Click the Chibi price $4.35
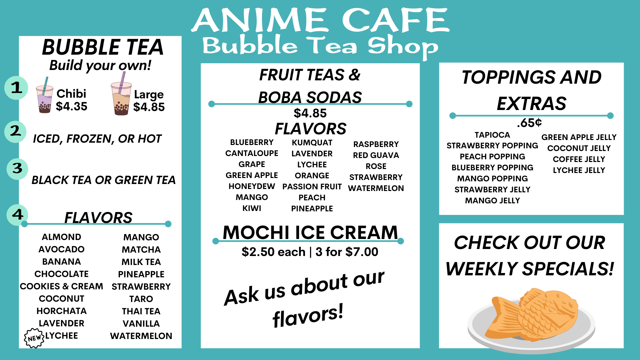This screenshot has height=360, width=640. tap(71, 106)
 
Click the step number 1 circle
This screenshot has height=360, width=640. tap(16, 88)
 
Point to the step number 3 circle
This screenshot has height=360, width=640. tap(17, 169)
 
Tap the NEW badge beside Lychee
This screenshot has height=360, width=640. tap(34, 338)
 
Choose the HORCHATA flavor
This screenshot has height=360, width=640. tap(62, 311)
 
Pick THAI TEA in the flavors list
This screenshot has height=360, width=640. tap(141, 311)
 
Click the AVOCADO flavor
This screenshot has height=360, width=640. tap(62, 249)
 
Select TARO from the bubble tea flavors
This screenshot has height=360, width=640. tap(141, 299)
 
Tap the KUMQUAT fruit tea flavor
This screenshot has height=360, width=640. tap(312, 143)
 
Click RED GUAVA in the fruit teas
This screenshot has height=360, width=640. tap(376, 155)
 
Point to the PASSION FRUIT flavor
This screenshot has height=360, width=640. tap(312, 187)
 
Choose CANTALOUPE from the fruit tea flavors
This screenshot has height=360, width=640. tap(252, 153)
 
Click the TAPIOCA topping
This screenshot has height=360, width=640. tap(492, 135)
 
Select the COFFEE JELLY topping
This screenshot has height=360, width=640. tap(579, 159)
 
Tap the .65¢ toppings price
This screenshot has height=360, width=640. tap(529, 123)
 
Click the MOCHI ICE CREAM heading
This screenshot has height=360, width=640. tap(310, 232)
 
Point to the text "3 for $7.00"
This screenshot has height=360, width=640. tap(347, 252)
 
